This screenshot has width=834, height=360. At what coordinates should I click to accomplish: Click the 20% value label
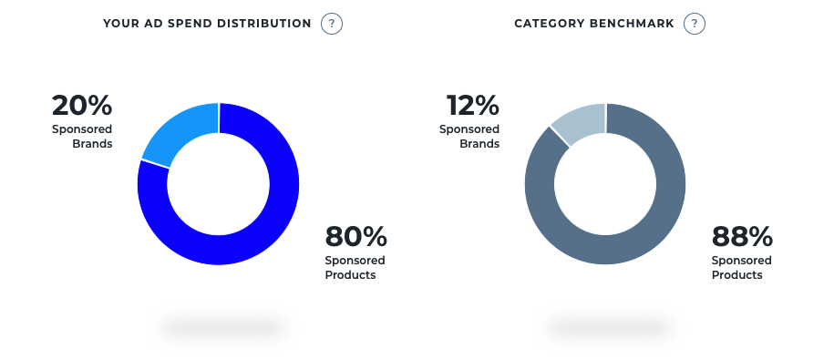82,106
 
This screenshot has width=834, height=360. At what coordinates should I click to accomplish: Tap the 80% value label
355,237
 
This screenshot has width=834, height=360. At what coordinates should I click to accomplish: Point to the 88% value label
742,237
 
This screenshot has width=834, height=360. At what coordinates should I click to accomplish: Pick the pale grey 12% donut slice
578,122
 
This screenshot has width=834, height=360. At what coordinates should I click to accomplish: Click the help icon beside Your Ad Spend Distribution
332,24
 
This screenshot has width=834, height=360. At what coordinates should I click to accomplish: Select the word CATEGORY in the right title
546,24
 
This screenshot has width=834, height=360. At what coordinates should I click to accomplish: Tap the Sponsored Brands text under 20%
82,137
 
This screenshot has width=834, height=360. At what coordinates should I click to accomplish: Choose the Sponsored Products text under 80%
355,268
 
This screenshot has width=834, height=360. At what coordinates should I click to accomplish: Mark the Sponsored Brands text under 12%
469,137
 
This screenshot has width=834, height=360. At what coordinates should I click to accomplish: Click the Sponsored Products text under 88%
741,268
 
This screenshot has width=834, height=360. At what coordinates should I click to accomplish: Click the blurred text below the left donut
221,325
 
